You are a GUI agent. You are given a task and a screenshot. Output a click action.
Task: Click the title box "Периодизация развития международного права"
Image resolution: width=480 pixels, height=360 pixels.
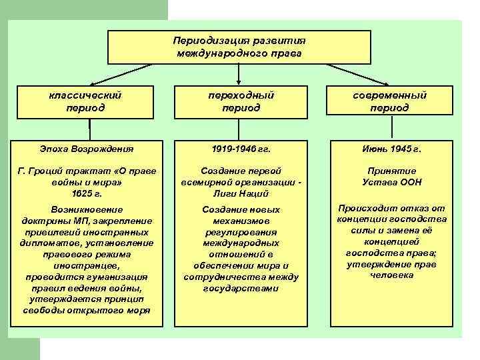click(x=239, y=46)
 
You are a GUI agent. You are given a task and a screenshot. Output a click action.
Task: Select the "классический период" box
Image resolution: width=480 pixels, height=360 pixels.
click(x=89, y=101)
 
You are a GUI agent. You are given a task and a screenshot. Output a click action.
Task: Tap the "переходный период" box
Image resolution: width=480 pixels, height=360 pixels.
click(x=240, y=101)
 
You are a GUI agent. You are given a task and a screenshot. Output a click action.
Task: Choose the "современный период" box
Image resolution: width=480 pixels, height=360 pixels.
click(x=390, y=101)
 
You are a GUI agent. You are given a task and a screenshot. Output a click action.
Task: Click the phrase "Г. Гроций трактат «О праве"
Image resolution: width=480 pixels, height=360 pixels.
click(x=89, y=171)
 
